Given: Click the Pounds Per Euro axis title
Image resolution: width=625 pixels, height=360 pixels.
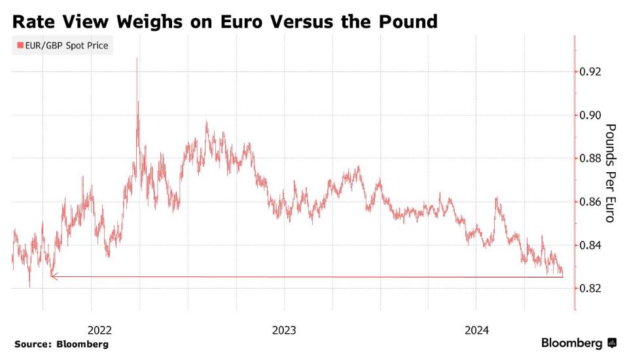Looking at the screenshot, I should tap(609, 173).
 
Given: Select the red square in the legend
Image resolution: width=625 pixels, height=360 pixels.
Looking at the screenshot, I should tap(20, 46).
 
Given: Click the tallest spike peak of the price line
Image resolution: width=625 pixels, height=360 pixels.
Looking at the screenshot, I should tap(137, 59).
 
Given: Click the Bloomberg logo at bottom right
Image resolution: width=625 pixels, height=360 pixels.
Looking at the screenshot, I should tap(578, 344).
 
